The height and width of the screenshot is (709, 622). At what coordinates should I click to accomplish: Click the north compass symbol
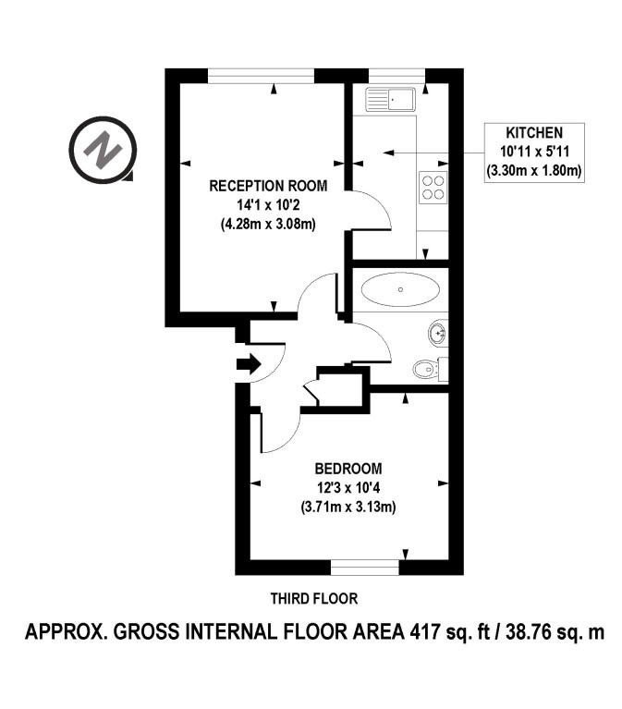(104, 150)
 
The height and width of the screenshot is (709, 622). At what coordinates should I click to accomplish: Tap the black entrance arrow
(249, 362)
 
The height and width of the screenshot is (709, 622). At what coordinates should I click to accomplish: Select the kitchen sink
(390, 100)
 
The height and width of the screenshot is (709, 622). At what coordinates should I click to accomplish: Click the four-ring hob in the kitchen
(433, 188)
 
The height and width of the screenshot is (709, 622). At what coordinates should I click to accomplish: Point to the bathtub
(400, 289)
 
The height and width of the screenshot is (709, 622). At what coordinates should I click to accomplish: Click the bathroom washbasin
(438, 334)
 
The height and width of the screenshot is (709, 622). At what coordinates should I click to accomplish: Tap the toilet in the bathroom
(431, 370)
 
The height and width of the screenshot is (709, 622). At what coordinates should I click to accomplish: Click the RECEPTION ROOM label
(268, 186)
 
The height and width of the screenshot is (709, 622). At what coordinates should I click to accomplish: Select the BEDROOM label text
(348, 469)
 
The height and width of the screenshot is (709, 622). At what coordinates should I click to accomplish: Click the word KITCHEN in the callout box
(534, 133)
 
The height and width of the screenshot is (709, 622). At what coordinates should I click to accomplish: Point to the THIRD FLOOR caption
(314, 599)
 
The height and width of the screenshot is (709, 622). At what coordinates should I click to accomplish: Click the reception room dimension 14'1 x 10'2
(268, 205)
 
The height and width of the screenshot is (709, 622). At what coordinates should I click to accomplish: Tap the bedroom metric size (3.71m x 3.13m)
(348, 507)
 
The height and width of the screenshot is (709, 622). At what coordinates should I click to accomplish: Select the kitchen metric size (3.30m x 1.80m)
(534, 171)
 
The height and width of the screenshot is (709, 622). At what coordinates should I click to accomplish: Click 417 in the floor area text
(424, 631)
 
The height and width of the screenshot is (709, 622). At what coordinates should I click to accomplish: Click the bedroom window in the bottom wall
(365, 567)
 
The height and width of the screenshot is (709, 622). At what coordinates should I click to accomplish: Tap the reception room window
(261, 76)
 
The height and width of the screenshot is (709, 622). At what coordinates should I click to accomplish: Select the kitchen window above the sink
(396, 76)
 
